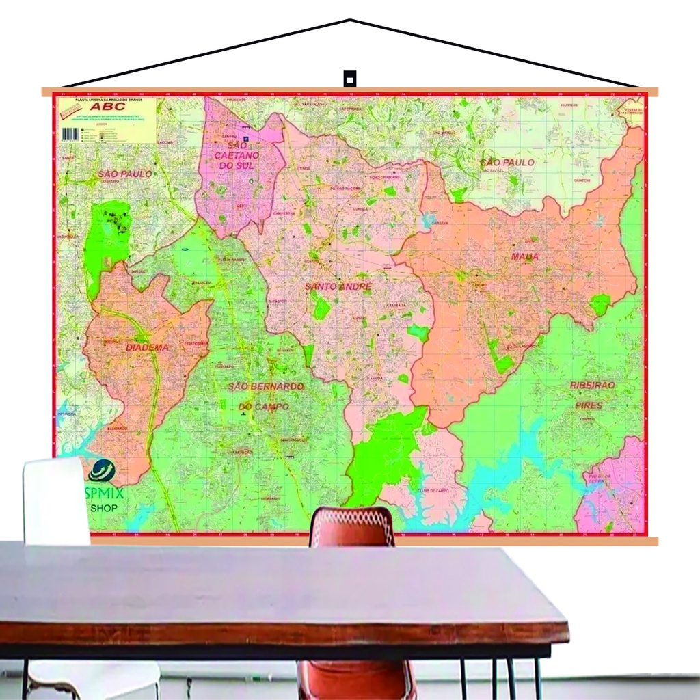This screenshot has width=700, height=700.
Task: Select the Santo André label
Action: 338,286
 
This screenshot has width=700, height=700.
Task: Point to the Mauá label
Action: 524,256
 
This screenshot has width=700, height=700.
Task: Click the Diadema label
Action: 146,347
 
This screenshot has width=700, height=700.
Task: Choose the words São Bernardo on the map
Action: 265,386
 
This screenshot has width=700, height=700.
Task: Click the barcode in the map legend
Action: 70,134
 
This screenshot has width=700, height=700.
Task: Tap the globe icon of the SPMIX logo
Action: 102,470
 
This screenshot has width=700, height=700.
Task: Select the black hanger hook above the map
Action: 349,77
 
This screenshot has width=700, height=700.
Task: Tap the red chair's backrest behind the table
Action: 351,526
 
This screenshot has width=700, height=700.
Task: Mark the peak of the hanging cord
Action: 350,20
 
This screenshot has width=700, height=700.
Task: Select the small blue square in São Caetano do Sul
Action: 247,139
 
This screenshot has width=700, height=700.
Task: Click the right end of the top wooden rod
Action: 655,92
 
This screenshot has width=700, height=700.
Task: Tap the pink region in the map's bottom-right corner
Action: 615,492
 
